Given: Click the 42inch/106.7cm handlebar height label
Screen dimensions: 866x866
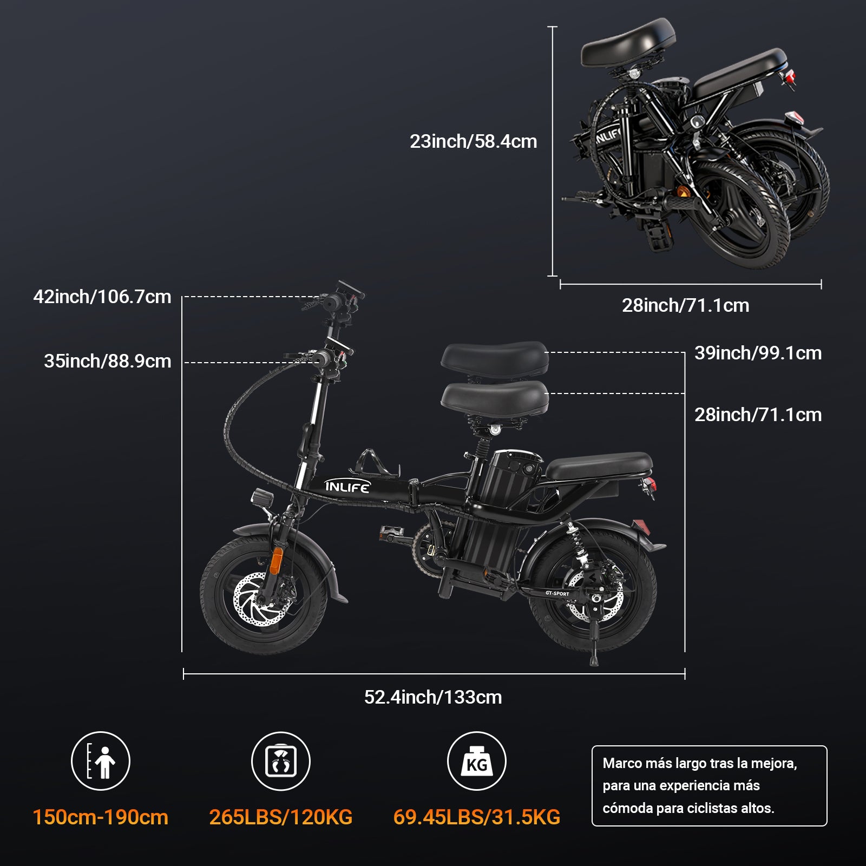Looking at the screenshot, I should (102, 297).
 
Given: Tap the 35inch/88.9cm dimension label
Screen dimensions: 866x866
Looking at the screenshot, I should (107, 361).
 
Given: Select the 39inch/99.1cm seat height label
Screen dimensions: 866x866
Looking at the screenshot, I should (758, 353).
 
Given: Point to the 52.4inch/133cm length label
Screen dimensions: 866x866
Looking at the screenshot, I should (433, 697).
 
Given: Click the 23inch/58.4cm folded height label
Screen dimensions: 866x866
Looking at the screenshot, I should (473, 141).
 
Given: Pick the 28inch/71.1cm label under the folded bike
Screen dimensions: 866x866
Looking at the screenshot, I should (685, 305).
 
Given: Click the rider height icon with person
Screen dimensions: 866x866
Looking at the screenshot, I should (101, 761).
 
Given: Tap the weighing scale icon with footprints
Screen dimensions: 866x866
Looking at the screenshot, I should (281, 761).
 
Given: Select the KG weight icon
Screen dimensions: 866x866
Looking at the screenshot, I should (476, 761).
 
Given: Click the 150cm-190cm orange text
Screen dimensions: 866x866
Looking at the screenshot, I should (101, 817).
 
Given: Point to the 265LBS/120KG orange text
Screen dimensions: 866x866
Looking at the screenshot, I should (281, 817).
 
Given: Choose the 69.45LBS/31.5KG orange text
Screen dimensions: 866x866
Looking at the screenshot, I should (476, 817).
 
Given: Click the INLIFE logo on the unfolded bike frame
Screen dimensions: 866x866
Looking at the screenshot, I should (347, 487).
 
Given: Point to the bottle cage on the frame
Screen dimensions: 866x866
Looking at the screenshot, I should (373, 463).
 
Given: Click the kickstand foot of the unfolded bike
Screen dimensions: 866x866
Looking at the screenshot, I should (594, 661).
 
